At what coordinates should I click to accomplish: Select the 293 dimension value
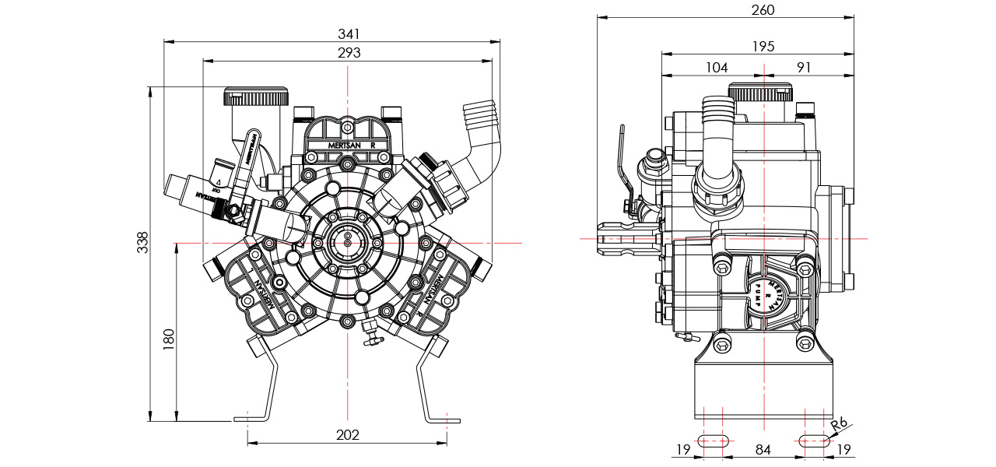(349, 52)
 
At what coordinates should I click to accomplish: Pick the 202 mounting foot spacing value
(347, 434)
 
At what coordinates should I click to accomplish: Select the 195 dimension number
(763, 47)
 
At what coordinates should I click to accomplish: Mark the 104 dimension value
(717, 68)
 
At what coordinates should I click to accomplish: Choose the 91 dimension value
(804, 68)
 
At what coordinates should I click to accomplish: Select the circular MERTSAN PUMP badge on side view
(766, 293)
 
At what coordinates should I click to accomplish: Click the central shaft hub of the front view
(347, 242)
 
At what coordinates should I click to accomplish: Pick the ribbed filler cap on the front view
(256, 97)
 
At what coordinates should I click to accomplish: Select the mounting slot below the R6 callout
(815, 441)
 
